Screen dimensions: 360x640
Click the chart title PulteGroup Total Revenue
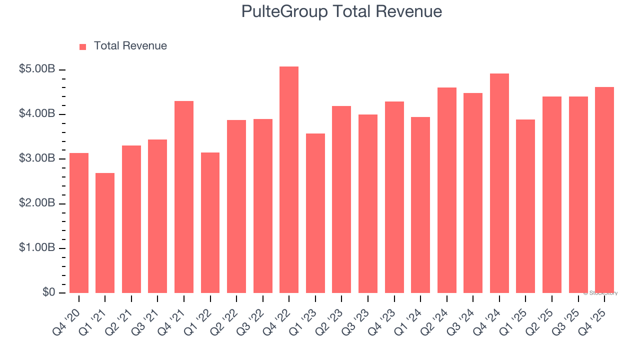[x=341, y=11]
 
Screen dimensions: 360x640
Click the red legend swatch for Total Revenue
[x=83, y=46]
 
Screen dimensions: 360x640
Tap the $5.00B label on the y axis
[x=37, y=69]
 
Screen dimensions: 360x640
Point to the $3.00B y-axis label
[x=37, y=158]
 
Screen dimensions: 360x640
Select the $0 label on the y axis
[x=48, y=292]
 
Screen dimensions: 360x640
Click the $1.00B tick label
[x=37, y=248]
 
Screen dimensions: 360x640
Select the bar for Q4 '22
[x=289, y=180]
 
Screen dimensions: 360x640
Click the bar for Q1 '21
[x=105, y=233]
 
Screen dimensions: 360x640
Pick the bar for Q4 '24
[x=499, y=183]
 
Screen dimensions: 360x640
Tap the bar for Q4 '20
[x=79, y=223]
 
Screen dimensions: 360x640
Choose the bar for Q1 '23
[x=315, y=213]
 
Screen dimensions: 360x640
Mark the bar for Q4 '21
[x=184, y=197]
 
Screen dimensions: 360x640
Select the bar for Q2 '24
[x=446, y=190]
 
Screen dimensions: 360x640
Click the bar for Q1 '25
[x=525, y=206]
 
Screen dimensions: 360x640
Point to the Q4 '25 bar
[x=604, y=190]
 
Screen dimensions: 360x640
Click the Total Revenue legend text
[x=130, y=46]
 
